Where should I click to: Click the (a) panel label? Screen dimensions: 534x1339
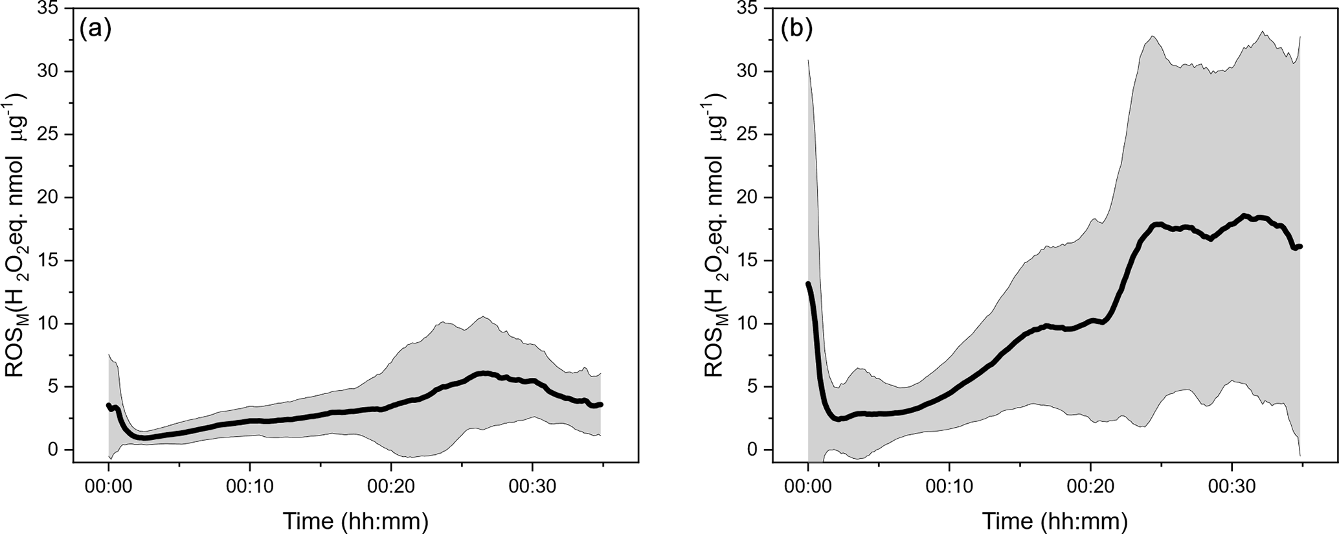95,29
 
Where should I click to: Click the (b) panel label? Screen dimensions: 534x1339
796,29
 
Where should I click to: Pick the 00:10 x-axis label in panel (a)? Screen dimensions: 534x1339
249,487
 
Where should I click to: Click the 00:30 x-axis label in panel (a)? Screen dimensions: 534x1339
532,487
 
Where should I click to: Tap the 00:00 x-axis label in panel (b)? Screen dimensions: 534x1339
808,487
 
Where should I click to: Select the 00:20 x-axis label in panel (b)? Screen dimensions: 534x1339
1091,487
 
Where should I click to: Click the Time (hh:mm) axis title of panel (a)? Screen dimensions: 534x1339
355,521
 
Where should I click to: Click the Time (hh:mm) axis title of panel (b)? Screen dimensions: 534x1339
1055,521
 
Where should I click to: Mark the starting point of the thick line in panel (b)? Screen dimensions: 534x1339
808,284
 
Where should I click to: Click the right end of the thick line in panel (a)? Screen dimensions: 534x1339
601,404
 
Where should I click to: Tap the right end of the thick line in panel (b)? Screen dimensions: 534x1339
1300,246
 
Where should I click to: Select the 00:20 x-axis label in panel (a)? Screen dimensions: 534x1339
390,487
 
